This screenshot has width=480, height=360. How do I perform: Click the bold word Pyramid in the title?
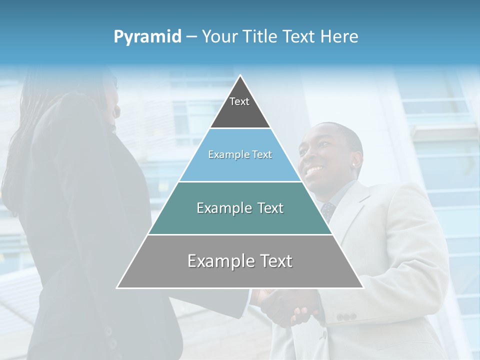pyautogui.click(x=147, y=37)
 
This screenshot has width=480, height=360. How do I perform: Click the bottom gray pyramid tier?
pyautogui.click(x=240, y=270)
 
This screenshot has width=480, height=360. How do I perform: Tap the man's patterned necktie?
pyautogui.click(x=327, y=210)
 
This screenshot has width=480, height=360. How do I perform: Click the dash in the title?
pyautogui.click(x=191, y=37)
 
